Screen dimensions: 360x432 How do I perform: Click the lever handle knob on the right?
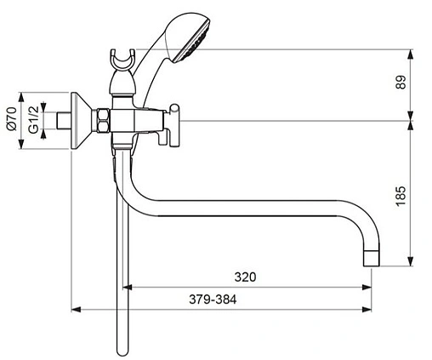(173, 111)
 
